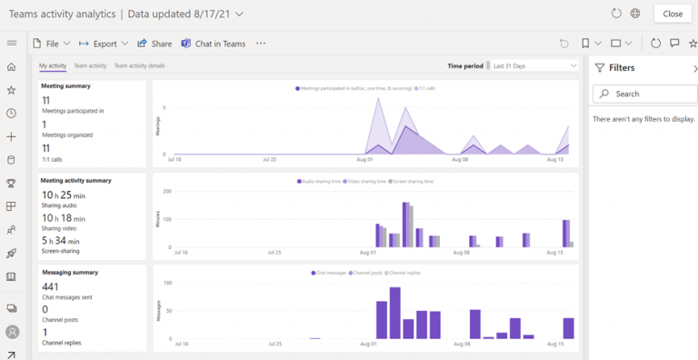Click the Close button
673,14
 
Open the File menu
49,44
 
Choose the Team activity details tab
139,65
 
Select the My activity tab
53,65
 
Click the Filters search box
647,94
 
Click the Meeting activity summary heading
76,180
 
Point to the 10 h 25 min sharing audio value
64,195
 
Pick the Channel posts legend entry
364,273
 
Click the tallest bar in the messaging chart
395,314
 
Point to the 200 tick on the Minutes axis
166,191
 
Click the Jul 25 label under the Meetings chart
268,159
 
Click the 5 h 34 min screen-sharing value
61,241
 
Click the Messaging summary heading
69,272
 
